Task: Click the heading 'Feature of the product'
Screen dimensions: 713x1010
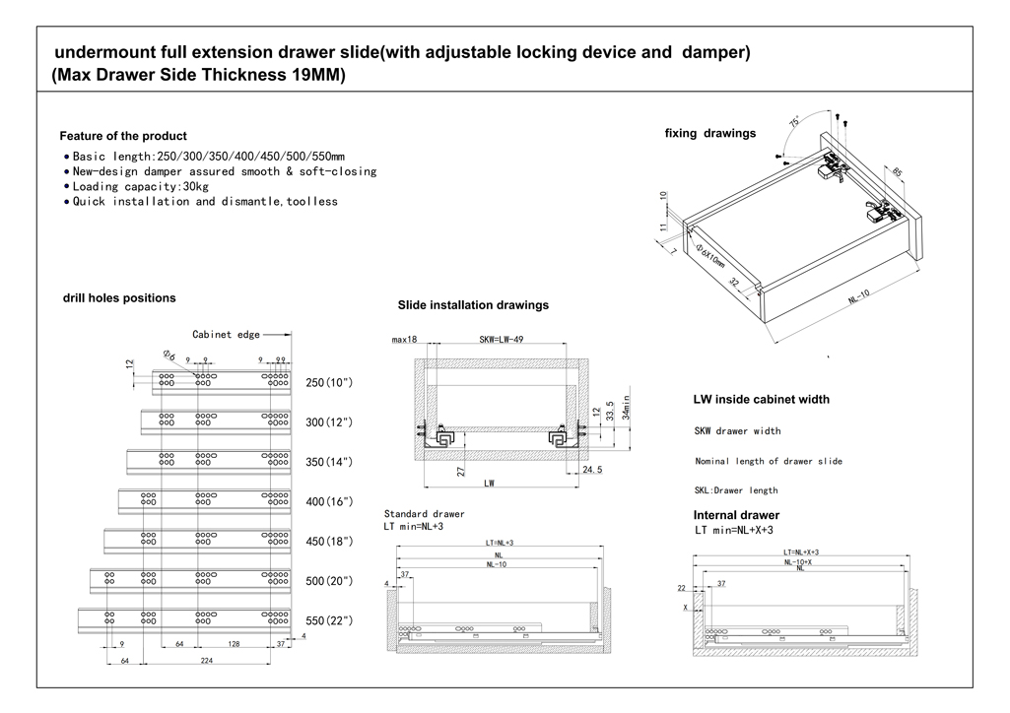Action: tap(123, 136)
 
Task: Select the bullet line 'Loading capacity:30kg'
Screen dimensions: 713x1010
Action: tap(140, 186)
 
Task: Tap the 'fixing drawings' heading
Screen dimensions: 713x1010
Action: tap(710, 133)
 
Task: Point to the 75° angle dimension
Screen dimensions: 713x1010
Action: tap(794, 123)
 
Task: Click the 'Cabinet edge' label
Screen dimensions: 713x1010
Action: tap(226, 334)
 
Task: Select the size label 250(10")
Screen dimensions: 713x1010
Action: tap(329, 382)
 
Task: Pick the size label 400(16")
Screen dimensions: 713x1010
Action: tap(329, 502)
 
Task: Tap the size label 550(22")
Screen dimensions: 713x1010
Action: tap(329, 620)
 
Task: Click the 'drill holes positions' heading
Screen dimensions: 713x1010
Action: tap(119, 297)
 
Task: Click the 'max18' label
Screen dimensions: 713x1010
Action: tap(404, 339)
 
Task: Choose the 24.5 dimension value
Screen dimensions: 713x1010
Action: tap(592, 471)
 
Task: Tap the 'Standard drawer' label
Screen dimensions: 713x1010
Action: tap(424, 514)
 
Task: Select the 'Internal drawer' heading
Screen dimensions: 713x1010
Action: tap(736, 515)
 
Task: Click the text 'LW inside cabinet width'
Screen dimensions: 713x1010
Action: tap(762, 400)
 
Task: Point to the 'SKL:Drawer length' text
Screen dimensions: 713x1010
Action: tap(736, 490)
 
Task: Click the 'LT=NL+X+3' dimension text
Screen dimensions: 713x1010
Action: tap(801, 552)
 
